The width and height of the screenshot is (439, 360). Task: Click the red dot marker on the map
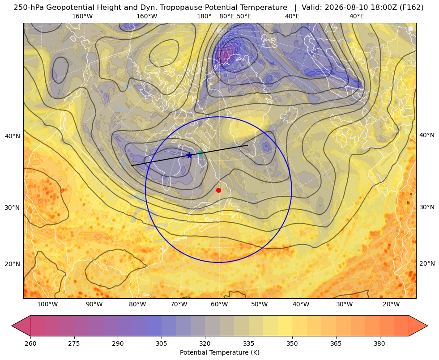coord(219,190)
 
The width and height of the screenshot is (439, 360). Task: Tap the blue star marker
coord(189,155)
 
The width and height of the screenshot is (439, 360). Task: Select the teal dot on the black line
coord(201,153)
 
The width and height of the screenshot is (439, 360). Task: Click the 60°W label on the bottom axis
coord(219,305)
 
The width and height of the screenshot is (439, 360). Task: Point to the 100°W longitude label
coord(47,305)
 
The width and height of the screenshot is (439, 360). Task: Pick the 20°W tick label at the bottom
coord(391,305)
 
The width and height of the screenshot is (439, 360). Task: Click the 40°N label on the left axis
coord(13,136)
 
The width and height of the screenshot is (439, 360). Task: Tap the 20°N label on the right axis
coord(427,263)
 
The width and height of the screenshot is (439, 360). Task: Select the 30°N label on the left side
coord(13,208)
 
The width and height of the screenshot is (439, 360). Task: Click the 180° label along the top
coord(204,16)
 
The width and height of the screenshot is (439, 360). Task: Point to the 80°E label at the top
coord(227,16)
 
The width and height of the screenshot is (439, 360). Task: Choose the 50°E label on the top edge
coord(244,16)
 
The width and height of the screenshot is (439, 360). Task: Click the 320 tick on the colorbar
coord(205,343)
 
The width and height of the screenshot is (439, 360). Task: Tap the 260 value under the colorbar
coord(30,343)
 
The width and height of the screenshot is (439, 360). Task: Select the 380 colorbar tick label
coord(379,343)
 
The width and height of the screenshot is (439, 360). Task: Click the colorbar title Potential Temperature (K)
coord(219,352)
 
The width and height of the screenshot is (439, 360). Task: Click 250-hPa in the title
coord(29,8)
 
